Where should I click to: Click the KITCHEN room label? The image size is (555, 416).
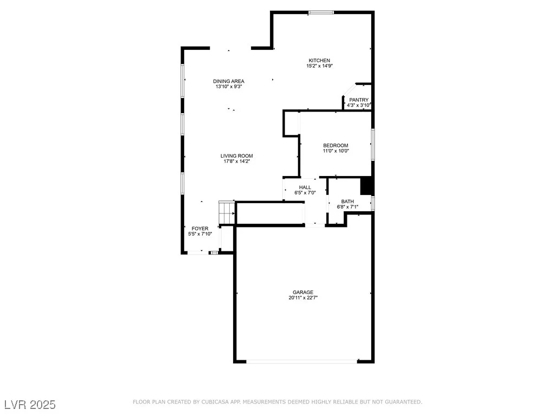click(x=319, y=61)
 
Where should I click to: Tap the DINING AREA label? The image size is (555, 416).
click(x=229, y=81)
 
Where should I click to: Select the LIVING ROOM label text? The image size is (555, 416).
click(x=236, y=155)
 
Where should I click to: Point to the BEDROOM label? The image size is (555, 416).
click(x=335, y=145)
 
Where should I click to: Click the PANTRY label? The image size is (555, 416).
click(x=359, y=100)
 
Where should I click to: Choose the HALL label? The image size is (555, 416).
click(x=305, y=187)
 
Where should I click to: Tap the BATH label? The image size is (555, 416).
click(x=347, y=201)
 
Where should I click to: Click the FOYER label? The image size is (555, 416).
click(x=200, y=229)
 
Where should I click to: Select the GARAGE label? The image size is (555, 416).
click(x=303, y=292)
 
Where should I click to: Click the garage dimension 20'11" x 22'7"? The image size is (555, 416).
click(x=303, y=298)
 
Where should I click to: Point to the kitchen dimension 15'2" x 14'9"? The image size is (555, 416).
click(x=320, y=66)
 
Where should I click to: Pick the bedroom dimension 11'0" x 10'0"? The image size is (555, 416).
click(x=335, y=151)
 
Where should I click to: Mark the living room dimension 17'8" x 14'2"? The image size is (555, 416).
click(x=236, y=161)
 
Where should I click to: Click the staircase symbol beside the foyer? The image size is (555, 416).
click(x=227, y=212)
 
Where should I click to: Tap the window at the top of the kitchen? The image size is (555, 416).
click(x=321, y=13)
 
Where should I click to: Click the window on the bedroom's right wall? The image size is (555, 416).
click(x=373, y=145)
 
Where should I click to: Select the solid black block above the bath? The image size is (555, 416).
click(x=367, y=186)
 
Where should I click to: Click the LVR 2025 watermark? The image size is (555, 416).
click(x=30, y=405)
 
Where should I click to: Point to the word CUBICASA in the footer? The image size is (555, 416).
click(x=216, y=402)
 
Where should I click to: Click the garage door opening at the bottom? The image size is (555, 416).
click(x=301, y=361)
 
